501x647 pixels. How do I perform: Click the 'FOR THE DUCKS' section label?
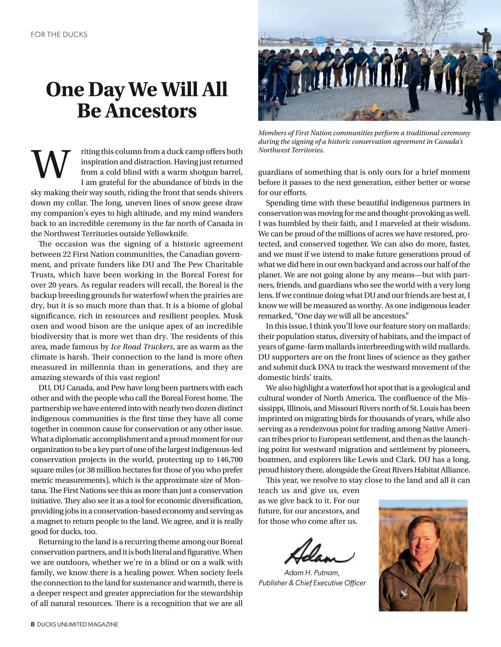[x=59, y=34]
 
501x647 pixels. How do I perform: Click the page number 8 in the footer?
[x=33, y=624]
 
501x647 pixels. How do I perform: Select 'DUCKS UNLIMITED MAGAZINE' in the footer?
[x=78, y=624]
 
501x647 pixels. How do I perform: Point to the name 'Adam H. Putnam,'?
[x=312, y=572]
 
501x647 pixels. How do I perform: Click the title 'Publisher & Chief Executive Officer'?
[x=312, y=583]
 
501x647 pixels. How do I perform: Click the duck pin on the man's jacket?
[x=404, y=592]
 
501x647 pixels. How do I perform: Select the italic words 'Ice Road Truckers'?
[x=142, y=347]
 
